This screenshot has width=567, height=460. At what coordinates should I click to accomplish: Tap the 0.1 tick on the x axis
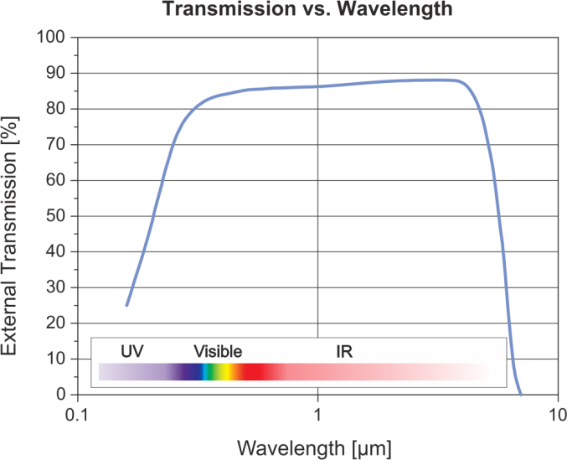[78, 416]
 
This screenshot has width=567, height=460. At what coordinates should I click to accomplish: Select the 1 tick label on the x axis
[318, 416]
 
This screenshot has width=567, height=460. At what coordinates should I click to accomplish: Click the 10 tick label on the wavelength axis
[555, 416]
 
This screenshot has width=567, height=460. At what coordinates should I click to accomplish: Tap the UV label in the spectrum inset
[131, 351]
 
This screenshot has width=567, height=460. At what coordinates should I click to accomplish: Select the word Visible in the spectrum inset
[218, 351]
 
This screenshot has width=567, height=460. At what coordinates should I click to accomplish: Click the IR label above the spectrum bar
[343, 351]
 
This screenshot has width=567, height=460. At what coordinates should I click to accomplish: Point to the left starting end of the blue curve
[126, 306]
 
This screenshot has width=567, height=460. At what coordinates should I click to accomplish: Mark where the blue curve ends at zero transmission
[521, 394]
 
